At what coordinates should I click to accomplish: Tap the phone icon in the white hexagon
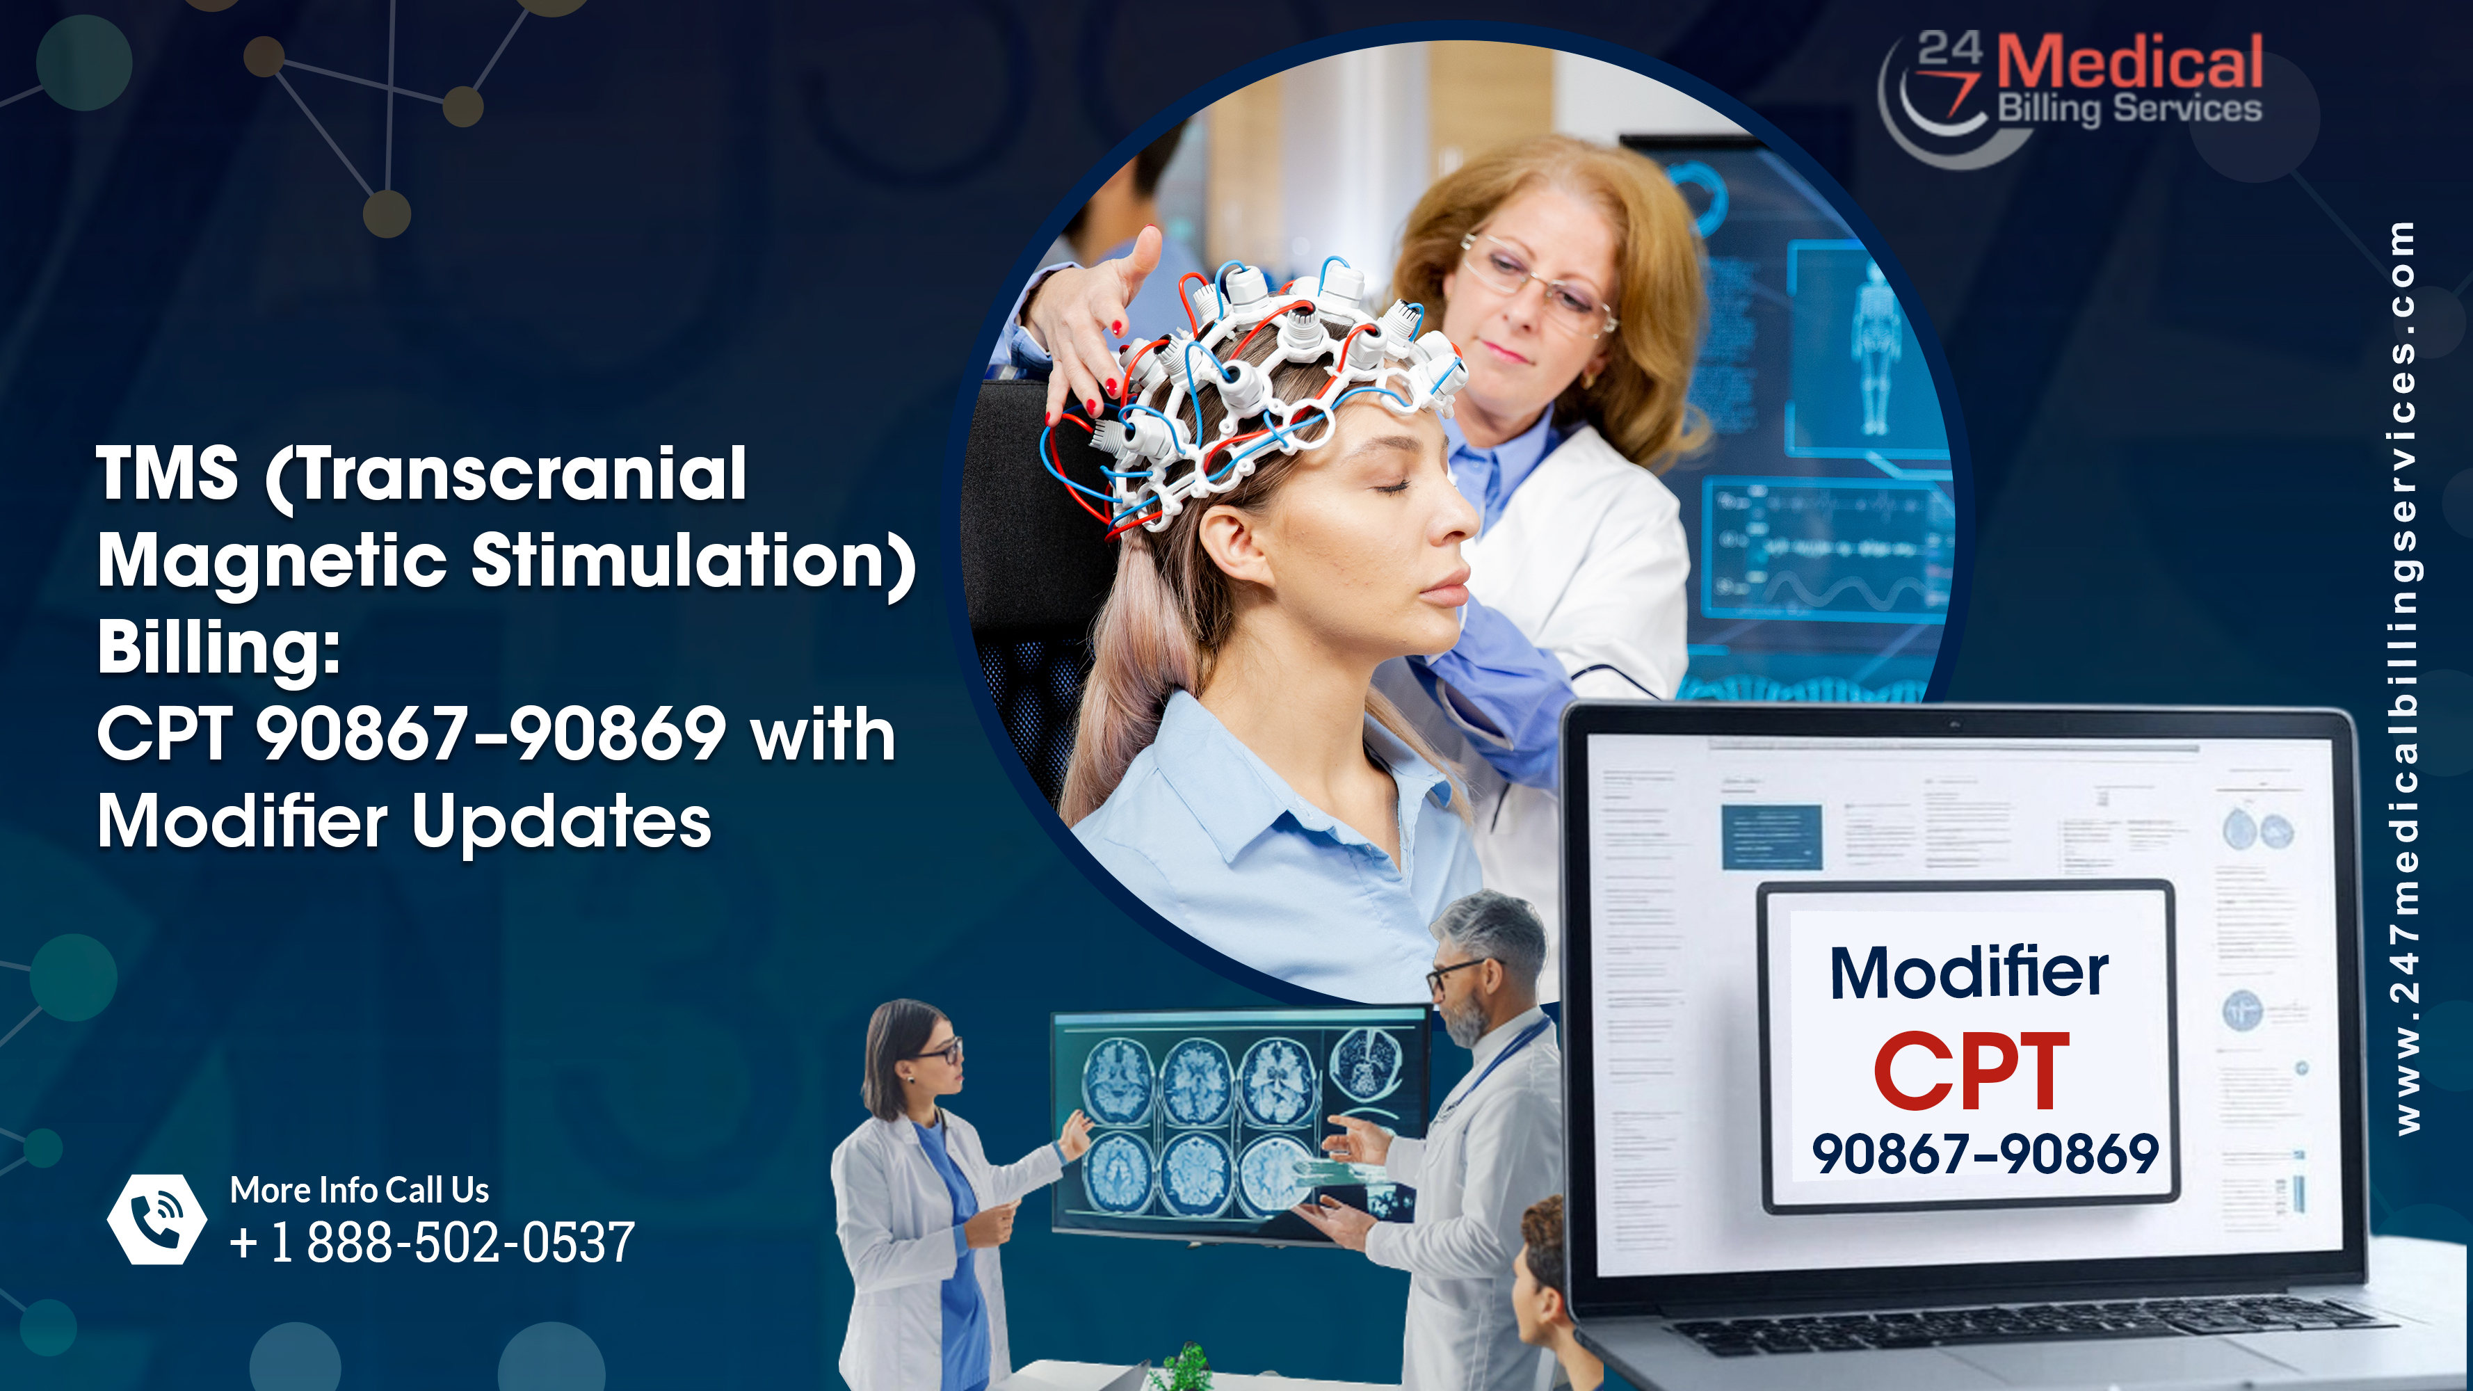click(x=156, y=1219)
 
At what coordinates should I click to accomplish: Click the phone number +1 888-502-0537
click(x=432, y=1242)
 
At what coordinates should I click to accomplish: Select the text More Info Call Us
click(x=359, y=1191)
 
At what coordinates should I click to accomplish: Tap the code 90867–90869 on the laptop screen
click(x=1984, y=1154)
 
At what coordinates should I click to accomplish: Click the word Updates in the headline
click(x=562, y=823)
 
